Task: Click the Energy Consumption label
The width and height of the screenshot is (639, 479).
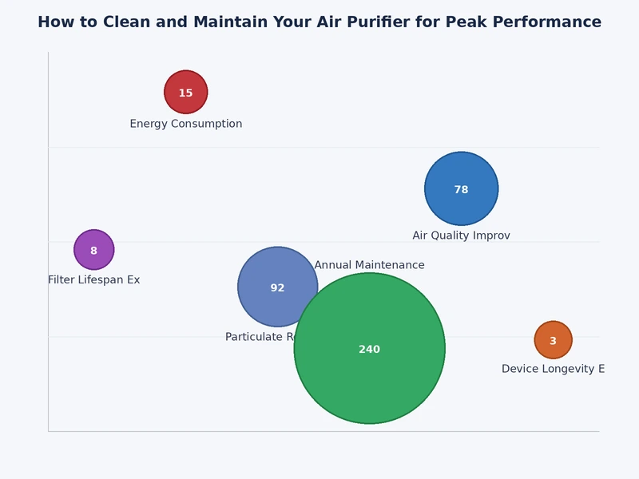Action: tap(186, 124)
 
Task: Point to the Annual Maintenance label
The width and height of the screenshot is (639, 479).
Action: tap(369, 265)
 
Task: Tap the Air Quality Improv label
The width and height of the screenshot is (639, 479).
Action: tap(461, 236)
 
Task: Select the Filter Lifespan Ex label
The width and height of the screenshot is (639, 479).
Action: tap(93, 279)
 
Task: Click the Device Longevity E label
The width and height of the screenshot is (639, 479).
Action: tap(553, 369)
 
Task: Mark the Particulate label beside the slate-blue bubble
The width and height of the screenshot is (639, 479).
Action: tap(258, 337)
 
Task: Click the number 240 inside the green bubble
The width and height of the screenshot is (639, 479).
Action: tap(369, 350)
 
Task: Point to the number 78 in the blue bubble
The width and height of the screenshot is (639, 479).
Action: tap(461, 190)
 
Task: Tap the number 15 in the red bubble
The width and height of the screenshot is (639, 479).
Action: tap(185, 93)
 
